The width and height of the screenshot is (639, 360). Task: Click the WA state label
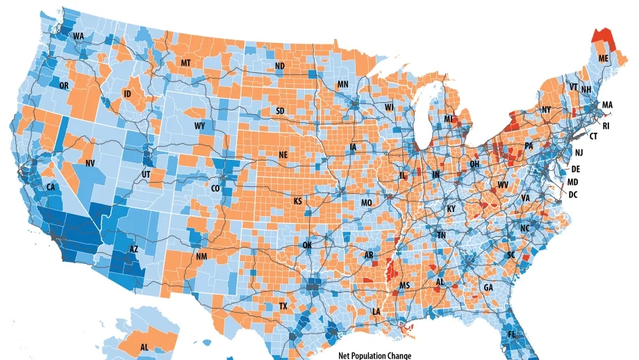78,36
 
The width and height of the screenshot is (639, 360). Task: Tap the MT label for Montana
185,63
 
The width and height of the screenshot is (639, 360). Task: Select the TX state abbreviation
283,306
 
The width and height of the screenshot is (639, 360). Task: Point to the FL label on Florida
511,335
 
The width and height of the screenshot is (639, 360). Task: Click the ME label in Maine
604,58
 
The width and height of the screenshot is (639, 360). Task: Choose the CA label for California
50,188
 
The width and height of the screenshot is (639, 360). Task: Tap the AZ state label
133,249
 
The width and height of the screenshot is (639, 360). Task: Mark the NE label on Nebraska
283,155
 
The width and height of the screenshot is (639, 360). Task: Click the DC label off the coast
573,195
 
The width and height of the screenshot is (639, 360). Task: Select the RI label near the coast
606,126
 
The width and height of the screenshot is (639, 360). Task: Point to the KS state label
298,202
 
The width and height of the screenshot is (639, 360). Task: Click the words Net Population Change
375,356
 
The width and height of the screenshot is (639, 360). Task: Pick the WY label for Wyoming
199,126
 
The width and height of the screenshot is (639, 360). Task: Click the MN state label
342,84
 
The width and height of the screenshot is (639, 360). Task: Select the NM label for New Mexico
201,256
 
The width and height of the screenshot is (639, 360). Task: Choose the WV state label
503,185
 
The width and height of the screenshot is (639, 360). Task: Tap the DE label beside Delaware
575,169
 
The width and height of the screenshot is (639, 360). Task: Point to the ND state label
280,66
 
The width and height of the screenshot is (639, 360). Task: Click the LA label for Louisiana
376,312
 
